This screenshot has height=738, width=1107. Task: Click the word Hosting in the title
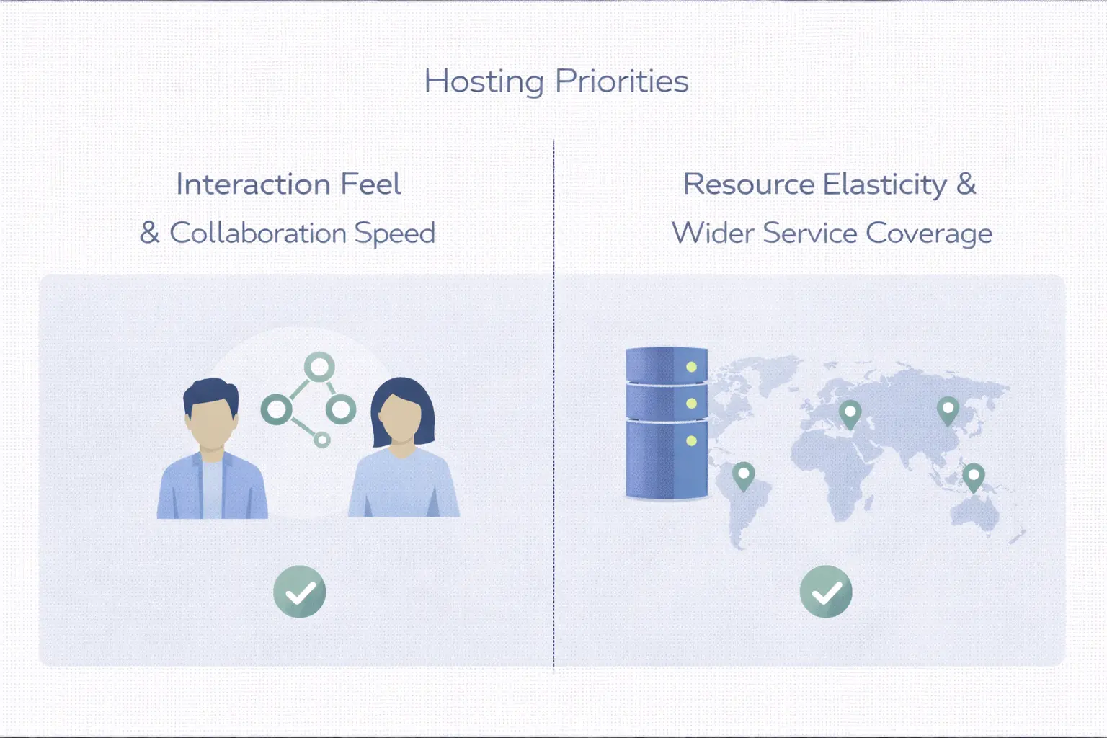[484, 81]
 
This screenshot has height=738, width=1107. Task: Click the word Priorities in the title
[622, 81]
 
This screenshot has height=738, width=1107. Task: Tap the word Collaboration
[258, 234]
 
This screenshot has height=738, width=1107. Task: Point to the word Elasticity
[884, 184]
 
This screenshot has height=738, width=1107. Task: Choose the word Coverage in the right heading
[929, 234]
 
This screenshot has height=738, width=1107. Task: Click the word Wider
[713, 234]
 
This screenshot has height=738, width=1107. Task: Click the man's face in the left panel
[210, 422]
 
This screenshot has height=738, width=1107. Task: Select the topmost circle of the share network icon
[319, 367]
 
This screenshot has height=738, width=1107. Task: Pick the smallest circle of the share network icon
[322, 439]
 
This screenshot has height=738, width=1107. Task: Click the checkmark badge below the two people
[300, 592]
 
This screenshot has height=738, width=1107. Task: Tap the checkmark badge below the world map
[826, 592]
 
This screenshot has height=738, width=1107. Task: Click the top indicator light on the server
[691, 367]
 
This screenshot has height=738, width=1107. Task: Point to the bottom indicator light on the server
[691, 440]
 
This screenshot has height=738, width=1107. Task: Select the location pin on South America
[743, 475]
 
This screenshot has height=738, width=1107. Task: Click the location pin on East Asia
[948, 409]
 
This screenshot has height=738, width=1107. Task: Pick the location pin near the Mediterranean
[850, 413]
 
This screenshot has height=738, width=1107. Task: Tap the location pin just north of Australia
[974, 476]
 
